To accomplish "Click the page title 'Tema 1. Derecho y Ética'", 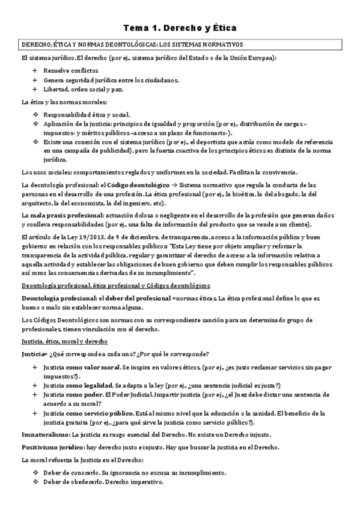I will [x=180, y=28].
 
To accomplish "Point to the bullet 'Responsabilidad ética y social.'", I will [x=91, y=114].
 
